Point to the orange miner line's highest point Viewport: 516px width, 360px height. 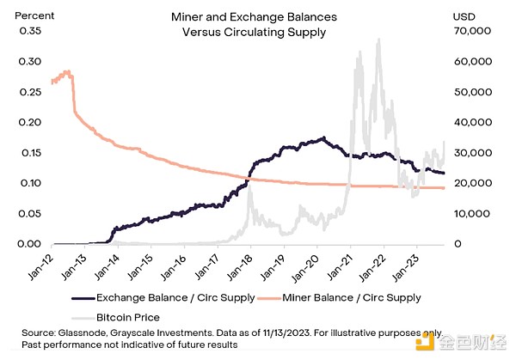point(68,71)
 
